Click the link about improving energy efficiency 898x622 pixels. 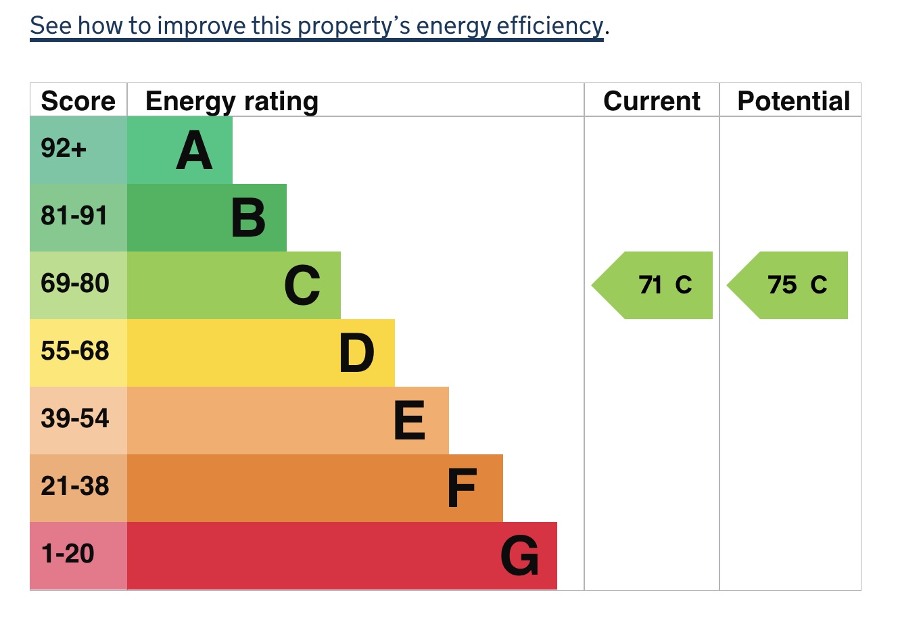coord(316,26)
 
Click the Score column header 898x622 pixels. coord(78,101)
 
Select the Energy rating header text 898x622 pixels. coord(232,102)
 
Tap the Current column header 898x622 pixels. coord(652,101)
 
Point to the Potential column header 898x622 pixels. coord(794,101)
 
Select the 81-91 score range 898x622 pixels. coord(74,216)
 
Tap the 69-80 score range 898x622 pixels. coord(75,283)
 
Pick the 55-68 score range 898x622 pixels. coord(75,351)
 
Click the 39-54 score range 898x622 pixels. coord(75,418)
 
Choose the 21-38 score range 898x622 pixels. coord(75,486)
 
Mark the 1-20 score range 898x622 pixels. coord(68,554)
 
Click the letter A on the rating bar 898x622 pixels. coord(194,150)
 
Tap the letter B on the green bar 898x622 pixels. coord(248,218)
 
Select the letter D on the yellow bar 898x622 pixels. coord(356,353)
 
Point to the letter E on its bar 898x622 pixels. coord(409,421)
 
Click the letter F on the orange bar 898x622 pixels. coord(462,487)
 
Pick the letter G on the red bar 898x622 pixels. coord(519,556)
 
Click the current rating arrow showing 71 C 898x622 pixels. coord(652,285)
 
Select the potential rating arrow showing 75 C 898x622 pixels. coord(787,285)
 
